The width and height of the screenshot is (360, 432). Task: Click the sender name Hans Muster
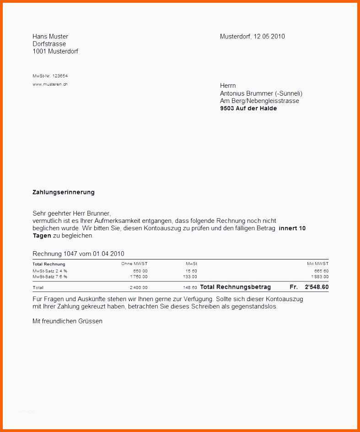pyautogui.click(x=50, y=36)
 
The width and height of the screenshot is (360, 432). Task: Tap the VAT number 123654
pyautogui.click(x=60, y=76)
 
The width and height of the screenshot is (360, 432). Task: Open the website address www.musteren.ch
pyautogui.click(x=50, y=84)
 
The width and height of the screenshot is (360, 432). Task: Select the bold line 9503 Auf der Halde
pyautogui.click(x=248, y=108)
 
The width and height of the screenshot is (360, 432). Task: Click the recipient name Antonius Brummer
pyautogui.click(x=247, y=93)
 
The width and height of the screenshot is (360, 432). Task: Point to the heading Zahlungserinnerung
pyautogui.click(x=64, y=192)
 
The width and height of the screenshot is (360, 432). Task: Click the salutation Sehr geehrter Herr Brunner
pyautogui.click(x=71, y=213)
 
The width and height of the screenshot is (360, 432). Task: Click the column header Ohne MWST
pyautogui.click(x=134, y=264)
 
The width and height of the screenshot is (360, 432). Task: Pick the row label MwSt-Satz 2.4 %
pyautogui.click(x=50, y=271)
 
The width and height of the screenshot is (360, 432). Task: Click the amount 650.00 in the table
pyautogui.click(x=140, y=271)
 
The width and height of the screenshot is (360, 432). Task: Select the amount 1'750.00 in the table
pyautogui.click(x=139, y=276)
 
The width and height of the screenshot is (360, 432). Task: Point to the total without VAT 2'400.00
pyautogui.click(x=139, y=287)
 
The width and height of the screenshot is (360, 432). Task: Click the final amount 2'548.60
pyautogui.click(x=317, y=287)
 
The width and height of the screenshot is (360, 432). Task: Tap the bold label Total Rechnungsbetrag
pyautogui.click(x=236, y=287)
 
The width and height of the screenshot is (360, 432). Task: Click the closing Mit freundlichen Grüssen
pyautogui.click(x=67, y=321)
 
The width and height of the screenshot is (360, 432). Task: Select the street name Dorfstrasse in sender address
pyautogui.click(x=49, y=44)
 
